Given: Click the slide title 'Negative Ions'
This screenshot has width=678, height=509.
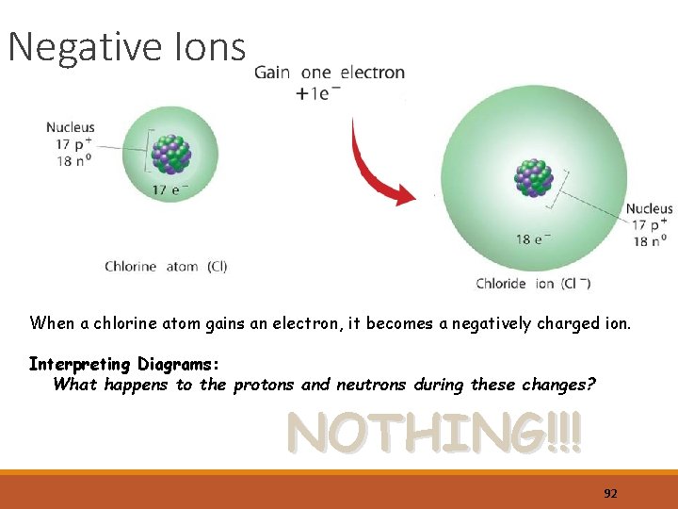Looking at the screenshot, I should click(x=126, y=46).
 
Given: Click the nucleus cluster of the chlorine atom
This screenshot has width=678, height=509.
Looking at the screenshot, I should click(x=170, y=156).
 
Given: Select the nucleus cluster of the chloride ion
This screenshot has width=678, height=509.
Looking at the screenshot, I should click(x=534, y=177).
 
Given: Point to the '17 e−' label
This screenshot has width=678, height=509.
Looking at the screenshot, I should click(x=170, y=190).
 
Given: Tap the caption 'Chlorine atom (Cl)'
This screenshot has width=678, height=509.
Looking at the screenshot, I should click(x=166, y=267).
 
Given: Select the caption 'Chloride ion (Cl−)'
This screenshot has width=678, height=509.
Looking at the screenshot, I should click(x=533, y=283).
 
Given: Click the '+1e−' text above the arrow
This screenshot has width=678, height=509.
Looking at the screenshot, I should click(x=317, y=93).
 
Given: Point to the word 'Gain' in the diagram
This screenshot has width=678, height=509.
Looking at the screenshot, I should click(x=272, y=73).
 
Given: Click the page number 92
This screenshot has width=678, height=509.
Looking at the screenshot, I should click(x=610, y=493).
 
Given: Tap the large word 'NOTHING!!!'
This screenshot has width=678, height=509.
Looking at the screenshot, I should click(x=434, y=434).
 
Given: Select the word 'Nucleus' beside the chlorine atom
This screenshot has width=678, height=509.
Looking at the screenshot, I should click(x=71, y=127).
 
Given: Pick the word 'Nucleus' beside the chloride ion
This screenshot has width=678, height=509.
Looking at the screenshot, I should click(x=649, y=208).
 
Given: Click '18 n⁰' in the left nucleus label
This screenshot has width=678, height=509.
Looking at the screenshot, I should click(x=73, y=161).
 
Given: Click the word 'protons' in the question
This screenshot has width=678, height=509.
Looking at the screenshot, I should click(x=263, y=385).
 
